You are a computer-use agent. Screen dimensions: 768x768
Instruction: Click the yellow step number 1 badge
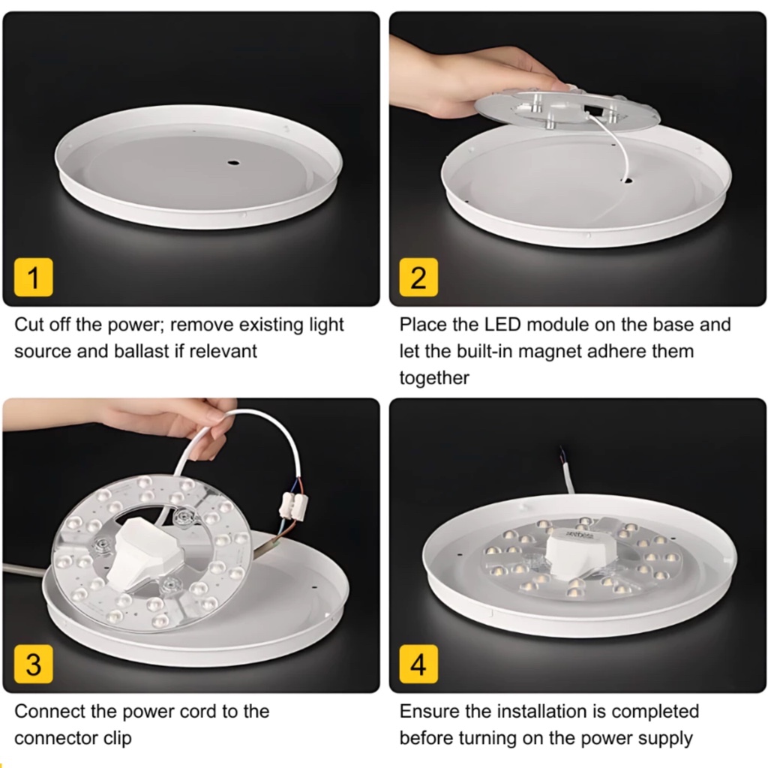pos(33,277)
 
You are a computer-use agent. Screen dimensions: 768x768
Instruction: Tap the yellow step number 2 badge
pos(418,277)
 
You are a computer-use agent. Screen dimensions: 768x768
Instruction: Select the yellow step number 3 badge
pos(33,664)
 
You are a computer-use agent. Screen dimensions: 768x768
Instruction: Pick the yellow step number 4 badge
pos(418,664)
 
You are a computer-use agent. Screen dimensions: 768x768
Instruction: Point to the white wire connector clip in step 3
pos(293,505)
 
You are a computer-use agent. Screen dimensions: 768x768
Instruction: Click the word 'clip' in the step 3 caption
pos(118,738)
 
